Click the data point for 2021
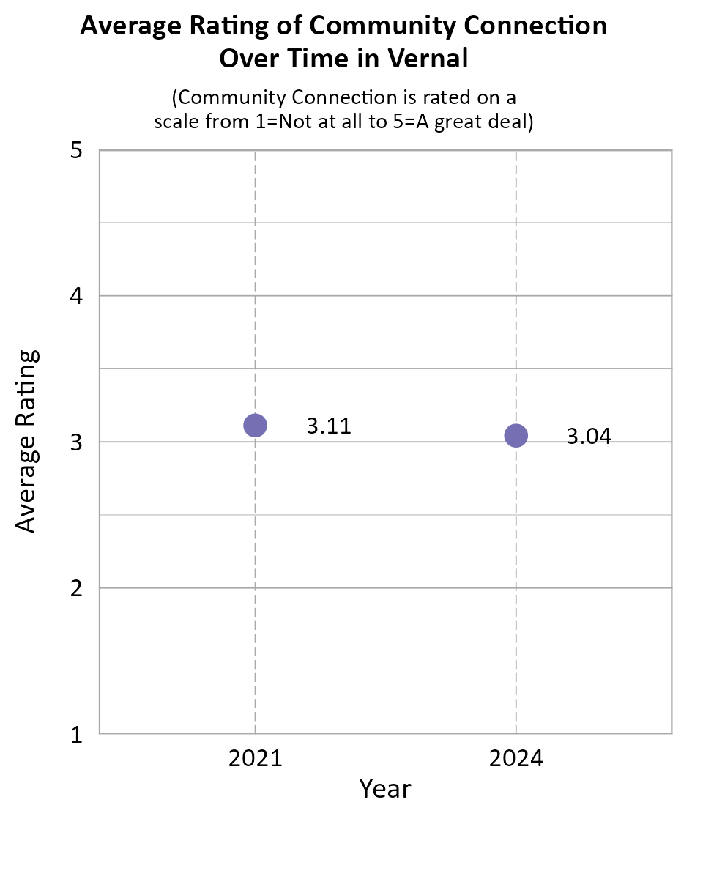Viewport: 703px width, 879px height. (255, 425)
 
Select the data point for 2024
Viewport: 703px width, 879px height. (516, 436)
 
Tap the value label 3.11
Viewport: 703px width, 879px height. (329, 426)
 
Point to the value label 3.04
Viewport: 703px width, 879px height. (589, 437)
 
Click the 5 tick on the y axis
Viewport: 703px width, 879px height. (75, 151)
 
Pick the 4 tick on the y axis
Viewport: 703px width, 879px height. (75, 296)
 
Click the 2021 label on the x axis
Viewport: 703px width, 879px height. (255, 759)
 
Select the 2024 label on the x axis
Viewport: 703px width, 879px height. (516, 759)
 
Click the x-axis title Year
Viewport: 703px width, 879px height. (385, 789)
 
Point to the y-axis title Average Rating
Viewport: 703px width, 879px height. (26, 442)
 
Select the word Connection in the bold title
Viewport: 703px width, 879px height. (545, 26)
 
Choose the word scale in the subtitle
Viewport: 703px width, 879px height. (176, 122)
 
